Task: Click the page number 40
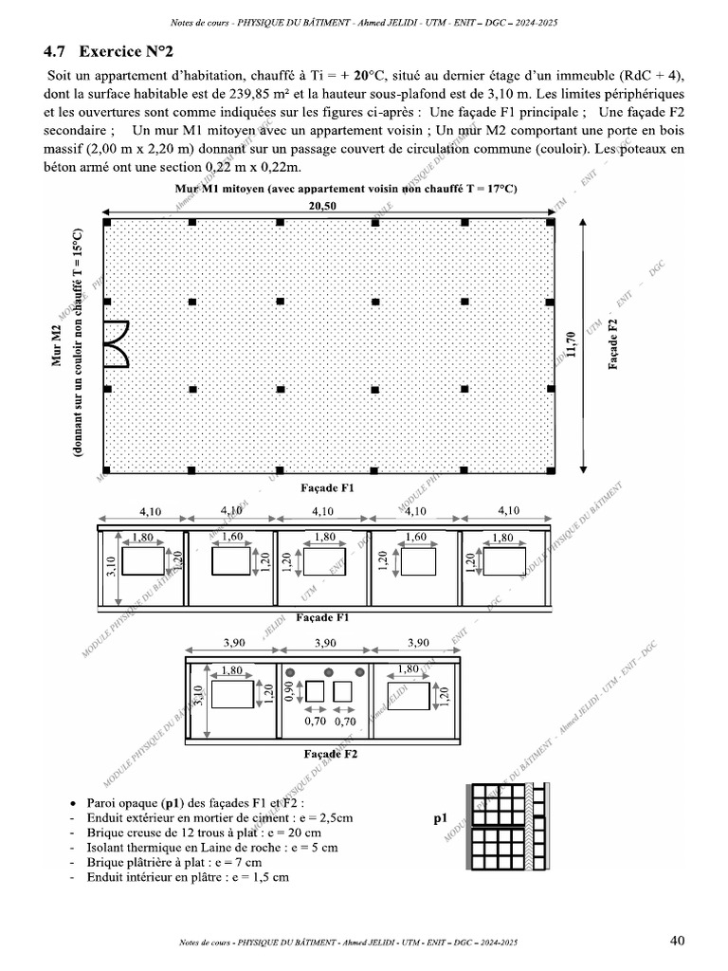(677, 941)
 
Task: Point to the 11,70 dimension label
(570, 342)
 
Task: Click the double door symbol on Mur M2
(114, 343)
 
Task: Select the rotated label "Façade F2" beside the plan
(613, 342)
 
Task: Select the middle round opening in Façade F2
(324, 672)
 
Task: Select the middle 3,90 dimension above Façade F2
(324, 643)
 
